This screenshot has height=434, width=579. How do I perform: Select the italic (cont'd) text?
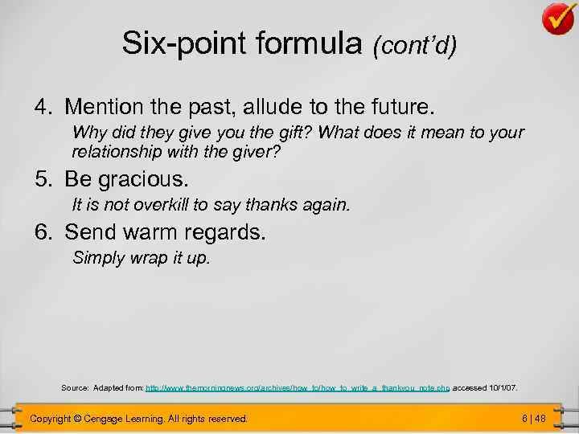(x=413, y=47)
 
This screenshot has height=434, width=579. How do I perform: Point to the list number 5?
(x=41, y=177)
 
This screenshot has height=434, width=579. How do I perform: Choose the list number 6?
(x=41, y=233)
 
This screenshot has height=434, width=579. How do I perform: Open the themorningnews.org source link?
(x=298, y=388)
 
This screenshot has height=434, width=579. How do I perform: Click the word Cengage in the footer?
(x=112, y=419)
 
